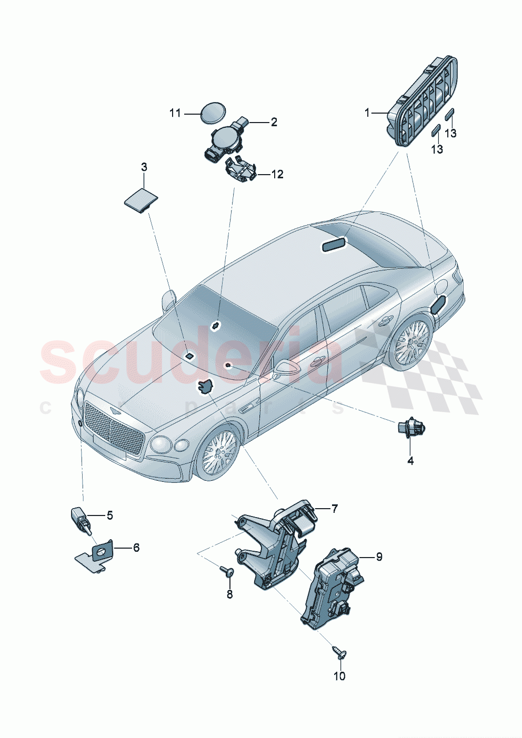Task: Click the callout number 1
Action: (x=367, y=113)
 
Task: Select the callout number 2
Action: (x=274, y=122)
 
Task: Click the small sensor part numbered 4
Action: (x=410, y=428)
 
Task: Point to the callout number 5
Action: (x=109, y=515)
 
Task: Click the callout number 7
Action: (x=335, y=509)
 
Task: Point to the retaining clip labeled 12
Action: (x=240, y=171)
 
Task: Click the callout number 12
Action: (x=277, y=174)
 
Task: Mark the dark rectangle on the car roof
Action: (x=335, y=244)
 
